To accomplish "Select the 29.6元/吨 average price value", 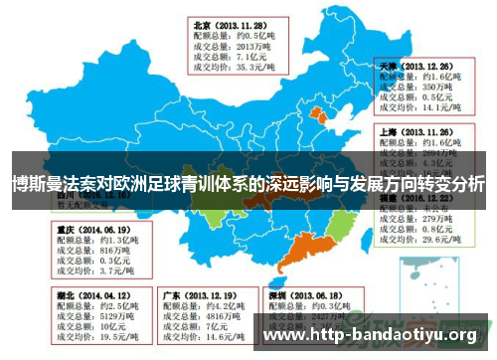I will pyautogui.click(x=433, y=240).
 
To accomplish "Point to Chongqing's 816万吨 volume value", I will pyautogui.click(x=100, y=250).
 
